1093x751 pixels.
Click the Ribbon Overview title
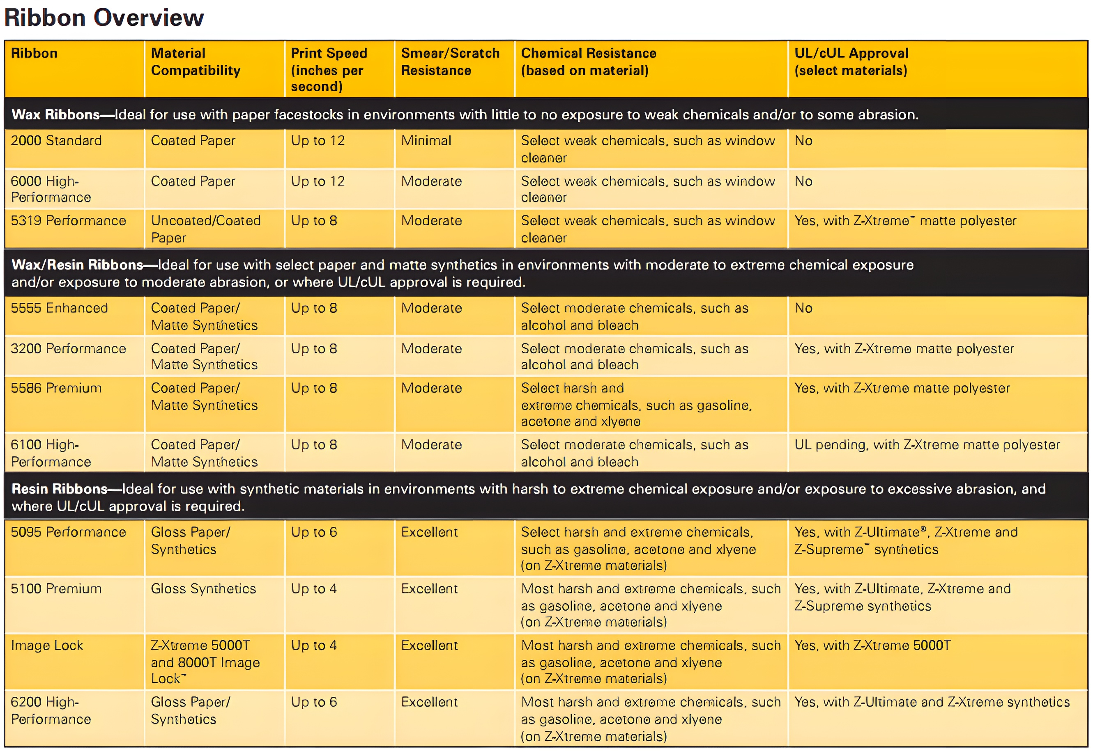104,18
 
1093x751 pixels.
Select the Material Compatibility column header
196,62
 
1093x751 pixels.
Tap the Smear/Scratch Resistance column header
450,62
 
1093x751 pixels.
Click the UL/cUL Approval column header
851,62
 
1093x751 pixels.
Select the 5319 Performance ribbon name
68,221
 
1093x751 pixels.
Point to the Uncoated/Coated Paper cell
205,229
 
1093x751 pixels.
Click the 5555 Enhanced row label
59,308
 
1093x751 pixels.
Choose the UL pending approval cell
927,445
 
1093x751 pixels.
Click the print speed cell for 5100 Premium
314,588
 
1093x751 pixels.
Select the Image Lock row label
47,645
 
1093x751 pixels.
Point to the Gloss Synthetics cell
203,588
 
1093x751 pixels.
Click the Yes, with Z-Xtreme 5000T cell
872,645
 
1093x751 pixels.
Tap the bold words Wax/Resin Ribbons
77,265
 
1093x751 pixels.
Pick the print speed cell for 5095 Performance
314,532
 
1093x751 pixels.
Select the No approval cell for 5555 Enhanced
803,308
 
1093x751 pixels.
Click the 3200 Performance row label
68,349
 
